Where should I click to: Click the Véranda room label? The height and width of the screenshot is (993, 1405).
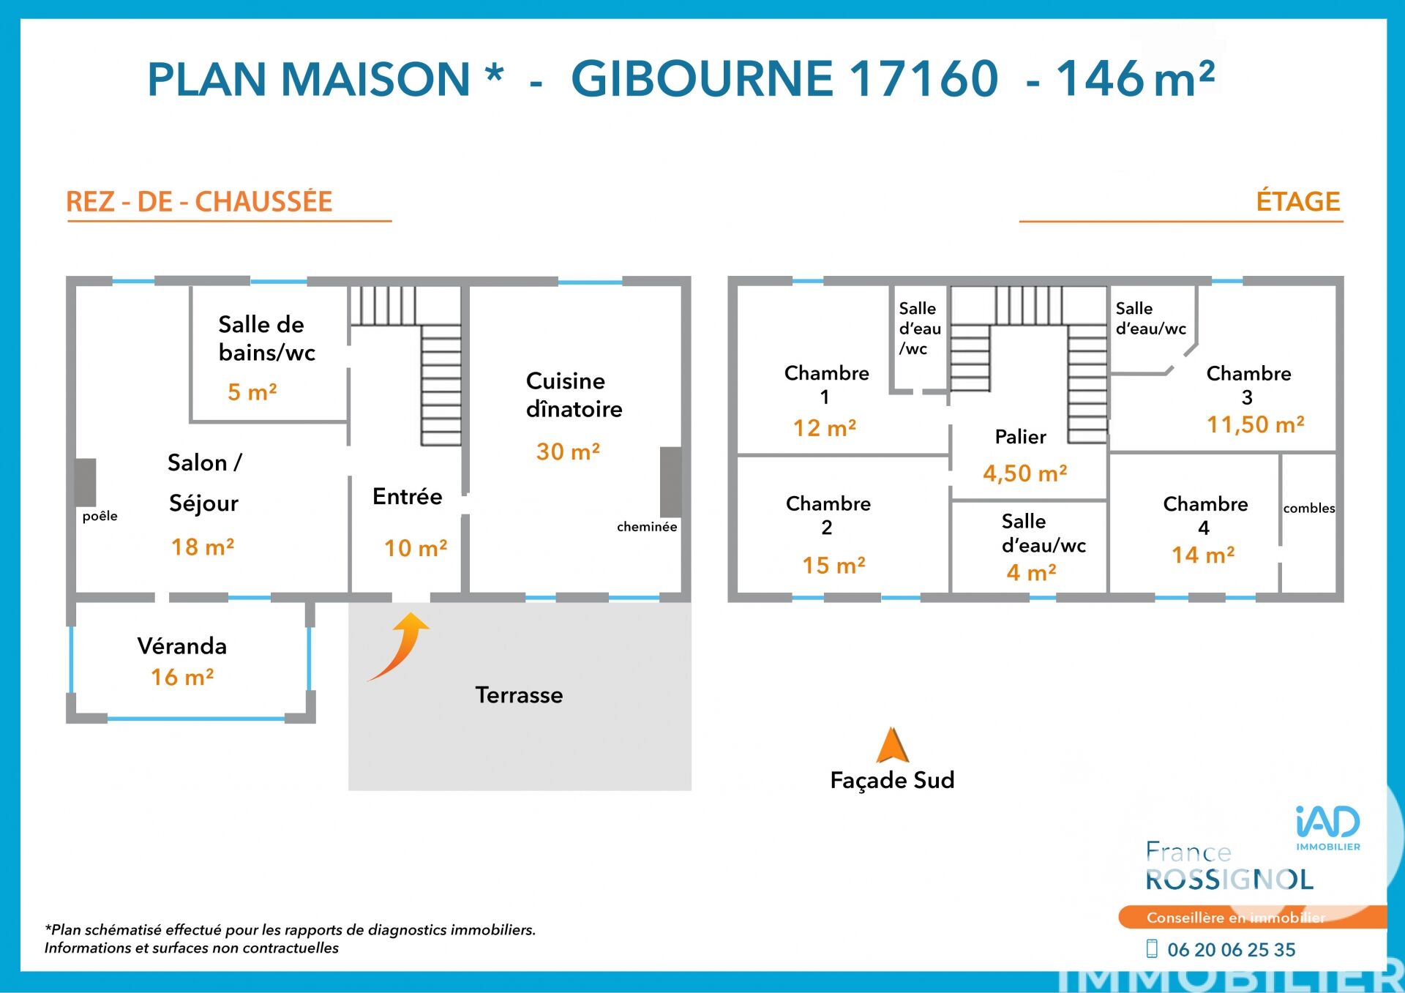[x=182, y=646]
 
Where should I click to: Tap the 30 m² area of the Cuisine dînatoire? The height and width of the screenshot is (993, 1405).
[x=568, y=451]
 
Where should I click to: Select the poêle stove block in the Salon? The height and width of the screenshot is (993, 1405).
[x=86, y=482]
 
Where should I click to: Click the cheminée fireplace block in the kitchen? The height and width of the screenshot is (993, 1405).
[x=671, y=482]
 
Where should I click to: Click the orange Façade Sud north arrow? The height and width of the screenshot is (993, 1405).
[x=892, y=746]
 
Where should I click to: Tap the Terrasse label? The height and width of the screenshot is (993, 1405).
[x=520, y=695]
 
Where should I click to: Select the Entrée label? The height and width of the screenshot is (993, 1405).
[x=408, y=497]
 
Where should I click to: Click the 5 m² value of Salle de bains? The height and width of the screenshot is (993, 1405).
[x=252, y=392]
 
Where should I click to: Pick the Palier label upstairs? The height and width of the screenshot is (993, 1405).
[x=1021, y=437]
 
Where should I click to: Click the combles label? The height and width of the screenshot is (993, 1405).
[x=1309, y=508]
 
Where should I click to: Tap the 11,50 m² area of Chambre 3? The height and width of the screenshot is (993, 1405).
[x=1256, y=424]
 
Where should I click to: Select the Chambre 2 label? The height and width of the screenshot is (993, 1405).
[x=828, y=515]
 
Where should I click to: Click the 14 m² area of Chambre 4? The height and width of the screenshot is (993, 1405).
[x=1204, y=555]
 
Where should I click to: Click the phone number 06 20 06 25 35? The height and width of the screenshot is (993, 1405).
[x=1232, y=950]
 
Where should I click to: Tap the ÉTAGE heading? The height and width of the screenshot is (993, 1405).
[x=1298, y=201]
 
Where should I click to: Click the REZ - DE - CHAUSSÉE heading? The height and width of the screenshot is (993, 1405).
[x=199, y=201]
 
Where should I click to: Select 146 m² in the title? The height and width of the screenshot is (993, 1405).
[x=1135, y=78]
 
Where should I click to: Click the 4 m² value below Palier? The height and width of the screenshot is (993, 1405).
[x=1032, y=572]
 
